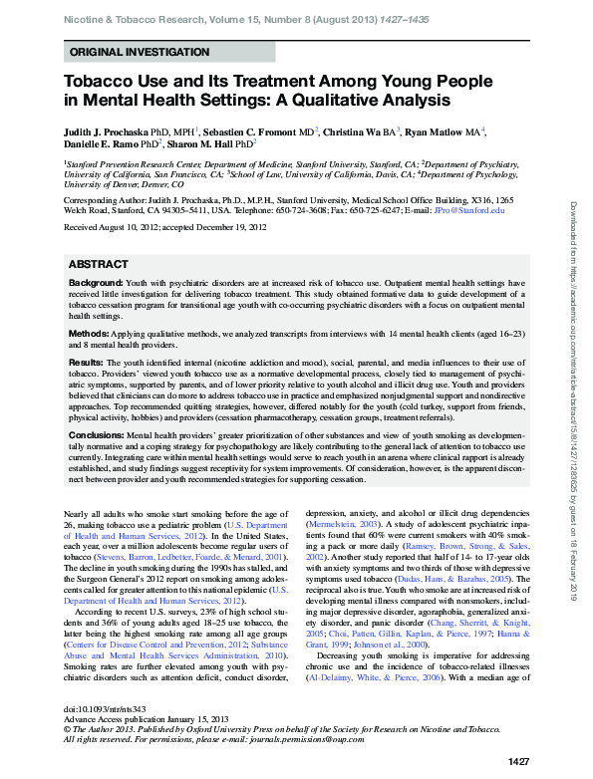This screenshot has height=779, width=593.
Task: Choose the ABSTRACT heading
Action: pos(98,264)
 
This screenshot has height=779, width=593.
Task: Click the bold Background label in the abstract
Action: pos(96,284)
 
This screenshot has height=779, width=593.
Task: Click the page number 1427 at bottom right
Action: pos(518,761)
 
